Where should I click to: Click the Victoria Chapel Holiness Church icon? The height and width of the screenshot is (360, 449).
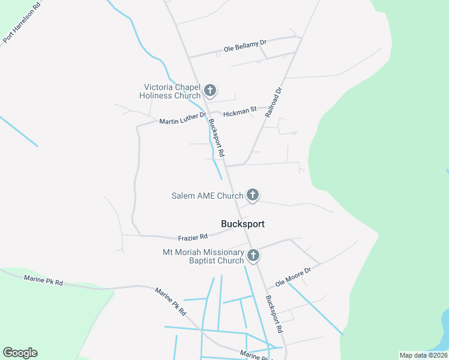[210, 91]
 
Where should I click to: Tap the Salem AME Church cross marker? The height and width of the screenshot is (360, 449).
[253, 195]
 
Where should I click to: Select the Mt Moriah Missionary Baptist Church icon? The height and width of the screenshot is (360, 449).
[253, 256]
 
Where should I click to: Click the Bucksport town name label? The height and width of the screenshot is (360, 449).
[243, 224]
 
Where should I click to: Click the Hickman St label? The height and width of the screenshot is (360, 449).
[240, 112]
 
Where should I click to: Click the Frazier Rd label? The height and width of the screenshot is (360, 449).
[193, 237]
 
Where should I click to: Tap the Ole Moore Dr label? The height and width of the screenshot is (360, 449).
[293, 277]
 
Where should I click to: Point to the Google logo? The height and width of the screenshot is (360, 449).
[20, 353]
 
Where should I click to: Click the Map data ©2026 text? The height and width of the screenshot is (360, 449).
[423, 355]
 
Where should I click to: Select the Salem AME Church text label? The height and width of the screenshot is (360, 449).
[207, 196]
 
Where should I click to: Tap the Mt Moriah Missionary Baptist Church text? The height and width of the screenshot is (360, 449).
[203, 256]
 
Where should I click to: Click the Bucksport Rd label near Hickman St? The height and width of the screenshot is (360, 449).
[216, 139]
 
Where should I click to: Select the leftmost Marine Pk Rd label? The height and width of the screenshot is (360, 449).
[43, 280]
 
